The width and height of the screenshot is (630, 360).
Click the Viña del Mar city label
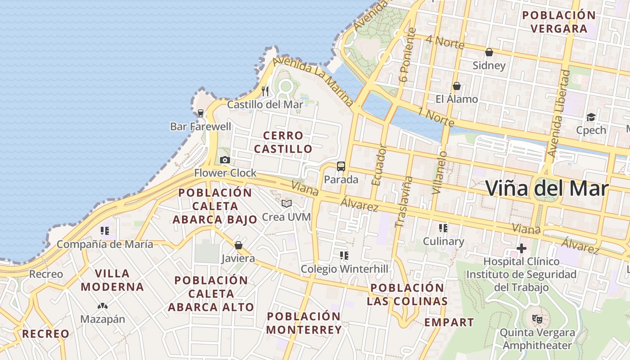pyautogui.click(x=547, y=188)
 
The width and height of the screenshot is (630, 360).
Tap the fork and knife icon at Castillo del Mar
pyautogui.click(x=265, y=91)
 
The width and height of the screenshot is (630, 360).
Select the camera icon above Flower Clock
pyautogui.click(x=225, y=160)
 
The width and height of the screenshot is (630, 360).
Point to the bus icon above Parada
pyautogui.click(x=341, y=166)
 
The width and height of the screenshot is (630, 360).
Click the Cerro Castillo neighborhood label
pyautogui.click(x=283, y=142)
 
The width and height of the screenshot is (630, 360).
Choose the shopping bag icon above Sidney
pyautogui.click(x=489, y=52)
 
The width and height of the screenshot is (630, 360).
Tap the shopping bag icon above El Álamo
pyautogui.click(x=457, y=85)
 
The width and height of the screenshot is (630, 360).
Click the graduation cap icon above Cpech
pyautogui.click(x=591, y=117)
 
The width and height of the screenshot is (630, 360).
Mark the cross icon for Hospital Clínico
pyautogui.click(x=521, y=248)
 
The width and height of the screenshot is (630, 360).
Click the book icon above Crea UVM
pyautogui.click(x=287, y=203)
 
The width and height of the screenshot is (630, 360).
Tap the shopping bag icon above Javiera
pyautogui.click(x=238, y=245)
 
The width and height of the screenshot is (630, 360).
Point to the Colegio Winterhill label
pyautogui.click(x=344, y=269)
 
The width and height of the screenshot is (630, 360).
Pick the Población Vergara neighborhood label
pyautogui.click(x=559, y=22)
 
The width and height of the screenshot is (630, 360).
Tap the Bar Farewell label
pyautogui.click(x=201, y=126)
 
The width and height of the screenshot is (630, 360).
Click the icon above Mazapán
pyautogui.click(x=103, y=306)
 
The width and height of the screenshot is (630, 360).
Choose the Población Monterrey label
pyautogui.click(x=304, y=323)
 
